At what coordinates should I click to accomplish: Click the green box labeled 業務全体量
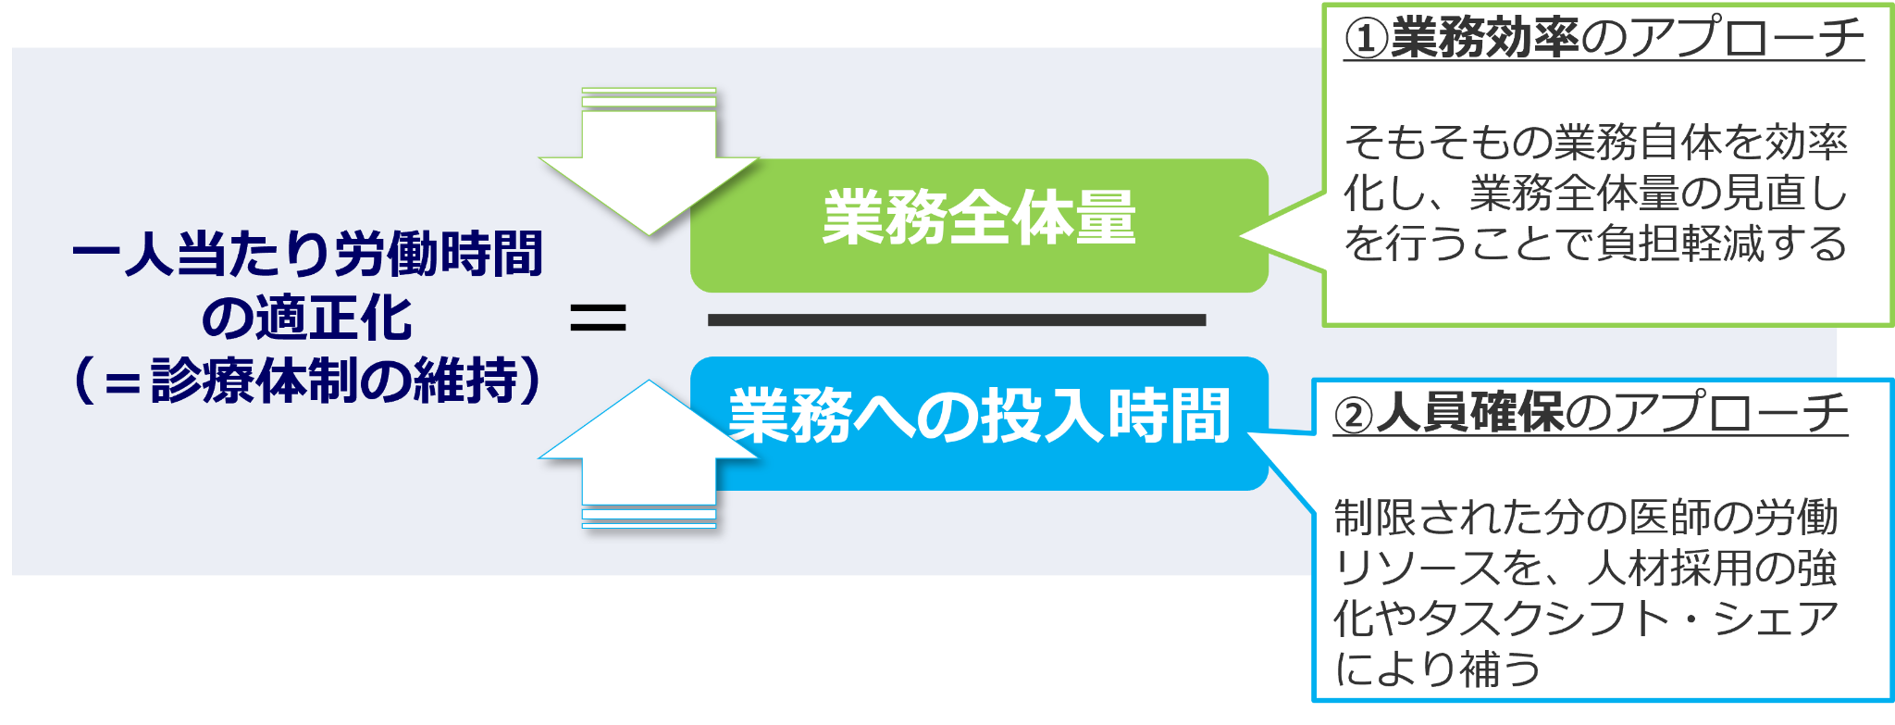coord(979,222)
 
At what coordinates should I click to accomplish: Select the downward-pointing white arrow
coord(650,167)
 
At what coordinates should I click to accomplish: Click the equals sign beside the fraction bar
coord(598,319)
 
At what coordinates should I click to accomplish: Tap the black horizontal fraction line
coord(957,320)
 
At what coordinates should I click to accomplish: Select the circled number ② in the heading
coord(1355,415)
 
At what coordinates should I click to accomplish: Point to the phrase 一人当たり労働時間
coord(307,254)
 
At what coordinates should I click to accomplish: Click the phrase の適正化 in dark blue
coord(307,318)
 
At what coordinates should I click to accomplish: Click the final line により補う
coord(1438,669)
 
